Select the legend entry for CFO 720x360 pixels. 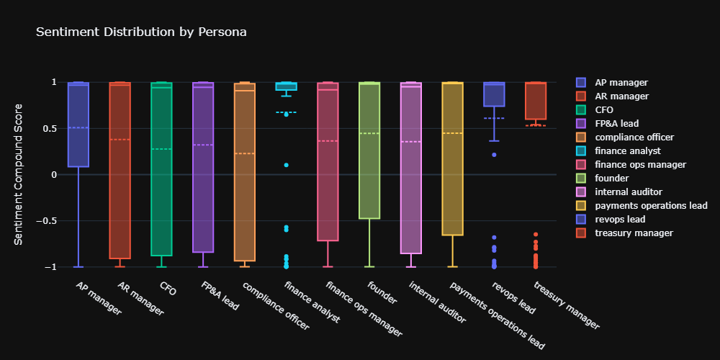pos(615,109)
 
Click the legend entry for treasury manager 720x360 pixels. pos(639,233)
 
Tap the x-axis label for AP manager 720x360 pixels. pos(99,299)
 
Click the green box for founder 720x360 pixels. pos(369,173)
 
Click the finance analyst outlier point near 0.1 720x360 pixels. pos(286,165)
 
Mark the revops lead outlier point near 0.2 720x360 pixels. pos(494,155)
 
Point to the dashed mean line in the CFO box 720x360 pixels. pos(161,149)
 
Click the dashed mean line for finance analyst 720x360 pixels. pos(286,113)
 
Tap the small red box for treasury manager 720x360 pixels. pos(536,101)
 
